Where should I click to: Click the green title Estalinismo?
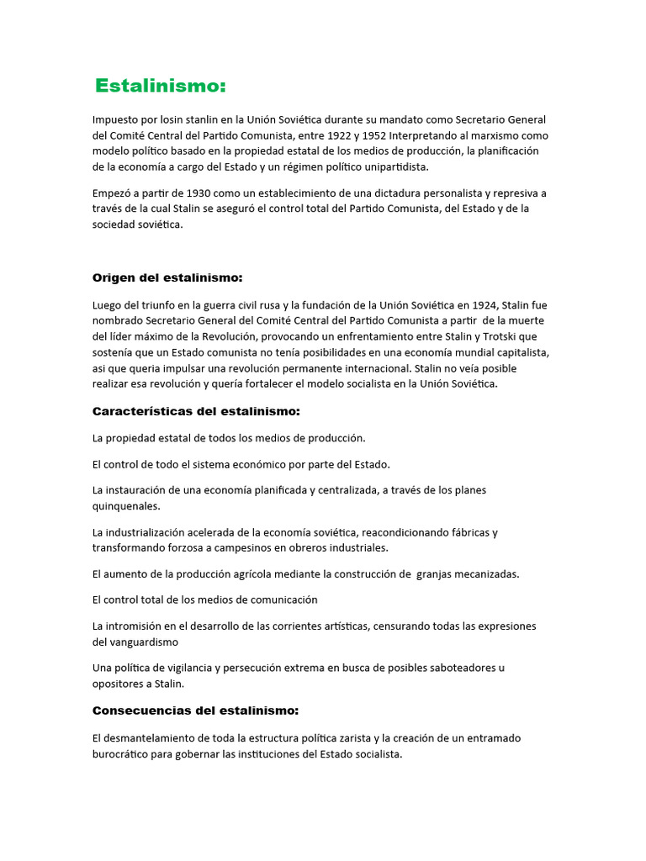coord(161,86)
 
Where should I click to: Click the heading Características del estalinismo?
coord(196,411)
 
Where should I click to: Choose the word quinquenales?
coord(126,506)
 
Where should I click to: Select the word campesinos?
coord(234,547)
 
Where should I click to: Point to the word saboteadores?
coord(451,668)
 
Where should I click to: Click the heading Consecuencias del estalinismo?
coord(195,710)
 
